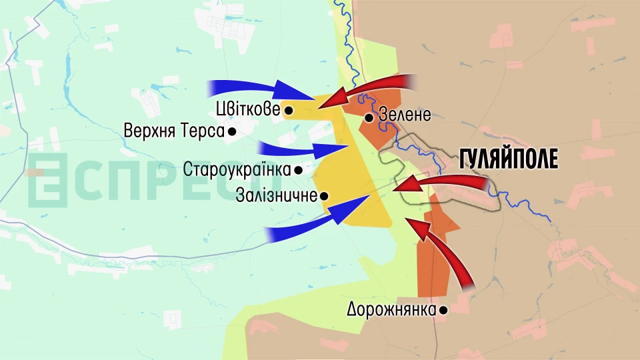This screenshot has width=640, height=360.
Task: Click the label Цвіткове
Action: coord(248,109)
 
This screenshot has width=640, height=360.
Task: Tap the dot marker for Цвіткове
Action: coord(289,109)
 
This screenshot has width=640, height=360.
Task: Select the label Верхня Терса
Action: coord(173,131)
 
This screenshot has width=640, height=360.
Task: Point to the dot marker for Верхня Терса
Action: coord(231,132)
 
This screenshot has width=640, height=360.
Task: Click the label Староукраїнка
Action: coord(237,169)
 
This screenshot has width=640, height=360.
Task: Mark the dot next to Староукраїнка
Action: coord(299,170)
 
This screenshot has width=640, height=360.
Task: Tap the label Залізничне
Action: coord(276,196)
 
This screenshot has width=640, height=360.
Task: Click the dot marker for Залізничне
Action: coord(324,196)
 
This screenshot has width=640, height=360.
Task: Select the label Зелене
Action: coord(405,115)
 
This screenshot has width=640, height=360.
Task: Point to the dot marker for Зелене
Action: coord(368,118)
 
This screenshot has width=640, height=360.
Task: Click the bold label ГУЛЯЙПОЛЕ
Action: coord(509,159)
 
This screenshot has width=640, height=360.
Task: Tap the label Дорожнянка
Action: coord(391,309)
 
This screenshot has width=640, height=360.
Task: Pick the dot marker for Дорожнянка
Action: coord(443,310)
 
